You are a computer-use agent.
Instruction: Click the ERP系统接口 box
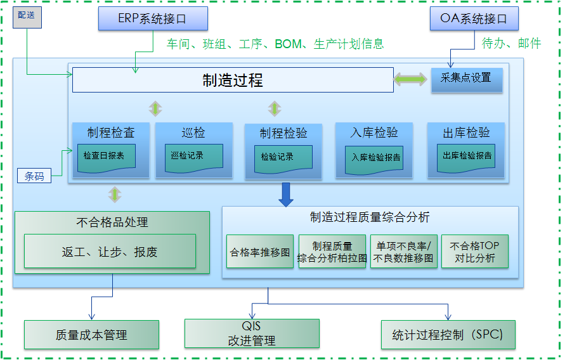[x=152, y=19]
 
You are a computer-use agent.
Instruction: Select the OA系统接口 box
[x=474, y=19]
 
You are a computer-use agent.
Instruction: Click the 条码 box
[x=34, y=176]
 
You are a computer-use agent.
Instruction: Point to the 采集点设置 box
[x=466, y=79]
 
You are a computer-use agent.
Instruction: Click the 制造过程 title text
[x=233, y=80]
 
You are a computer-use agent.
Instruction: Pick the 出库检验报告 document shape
[x=467, y=156]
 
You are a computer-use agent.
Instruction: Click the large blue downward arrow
[x=287, y=194]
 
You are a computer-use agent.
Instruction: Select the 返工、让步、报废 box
[x=110, y=251]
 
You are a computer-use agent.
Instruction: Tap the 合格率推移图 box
[x=259, y=252]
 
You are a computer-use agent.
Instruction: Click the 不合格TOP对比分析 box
[x=474, y=252]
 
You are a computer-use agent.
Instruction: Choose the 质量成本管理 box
[x=91, y=335]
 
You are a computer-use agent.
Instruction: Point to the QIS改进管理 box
[x=252, y=333]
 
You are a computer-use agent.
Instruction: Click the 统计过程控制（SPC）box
[x=448, y=335]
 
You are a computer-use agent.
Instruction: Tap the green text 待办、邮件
[x=511, y=44]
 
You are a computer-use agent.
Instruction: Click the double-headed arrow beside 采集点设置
[x=410, y=79]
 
